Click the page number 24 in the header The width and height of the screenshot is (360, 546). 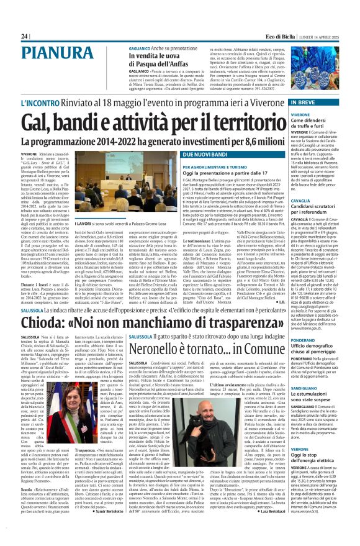point(25,37)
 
